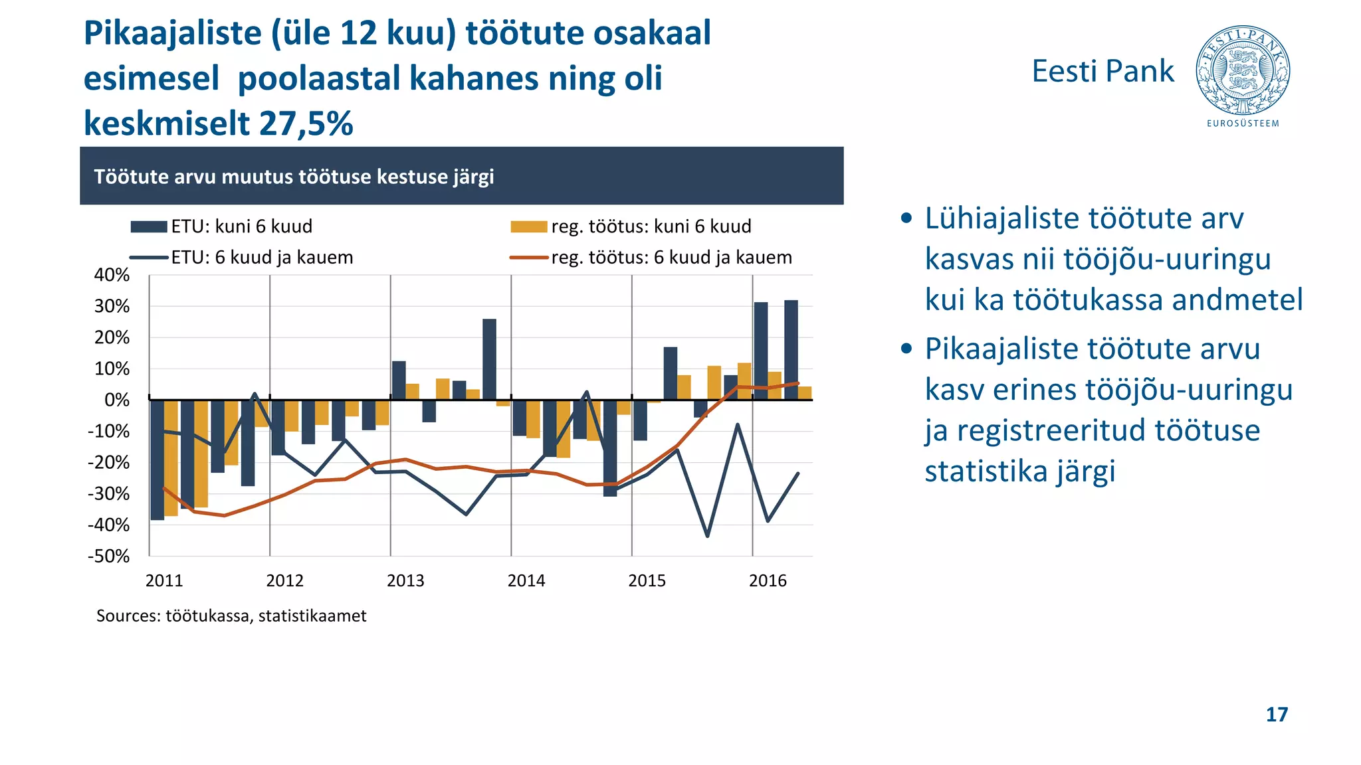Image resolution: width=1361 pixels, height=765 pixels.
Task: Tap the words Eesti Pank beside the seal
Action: (x=1102, y=71)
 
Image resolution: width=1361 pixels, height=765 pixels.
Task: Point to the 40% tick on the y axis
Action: (x=112, y=275)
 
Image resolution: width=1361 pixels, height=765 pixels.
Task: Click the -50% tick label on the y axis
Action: (x=109, y=556)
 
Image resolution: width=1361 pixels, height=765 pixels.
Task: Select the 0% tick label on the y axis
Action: (x=116, y=400)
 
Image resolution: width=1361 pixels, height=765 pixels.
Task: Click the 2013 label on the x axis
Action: (x=405, y=580)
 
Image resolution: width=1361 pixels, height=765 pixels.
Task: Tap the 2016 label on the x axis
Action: (x=768, y=580)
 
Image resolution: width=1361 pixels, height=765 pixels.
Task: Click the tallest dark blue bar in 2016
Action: (x=791, y=350)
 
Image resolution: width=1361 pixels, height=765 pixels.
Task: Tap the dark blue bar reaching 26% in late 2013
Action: (x=489, y=359)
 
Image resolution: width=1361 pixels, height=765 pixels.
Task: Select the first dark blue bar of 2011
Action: (x=157, y=460)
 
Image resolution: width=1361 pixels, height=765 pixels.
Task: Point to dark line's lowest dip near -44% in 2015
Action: (x=707, y=535)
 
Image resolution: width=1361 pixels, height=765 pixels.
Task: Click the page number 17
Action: (x=1277, y=715)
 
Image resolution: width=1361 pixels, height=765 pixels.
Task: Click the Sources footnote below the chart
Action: (x=231, y=616)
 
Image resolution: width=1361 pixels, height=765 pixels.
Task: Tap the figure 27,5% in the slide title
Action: (x=306, y=124)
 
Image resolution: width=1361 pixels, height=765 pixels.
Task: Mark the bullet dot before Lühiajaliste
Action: (x=906, y=219)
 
